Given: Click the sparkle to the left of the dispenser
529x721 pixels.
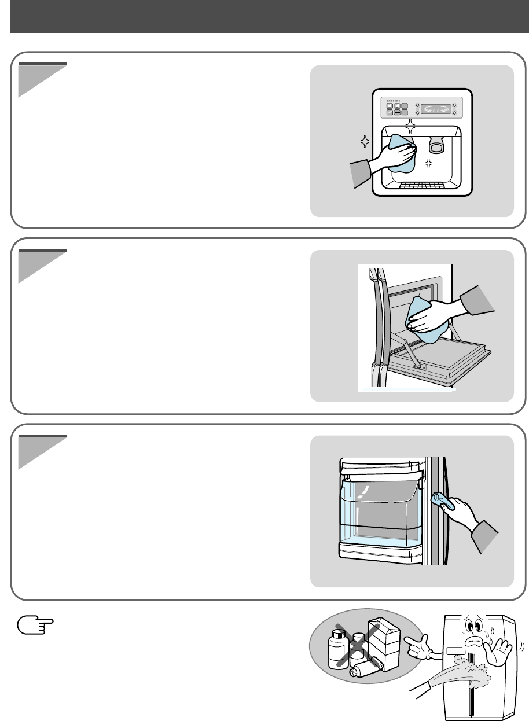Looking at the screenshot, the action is (x=365, y=141).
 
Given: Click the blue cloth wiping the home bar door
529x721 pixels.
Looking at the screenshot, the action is (x=425, y=321).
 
